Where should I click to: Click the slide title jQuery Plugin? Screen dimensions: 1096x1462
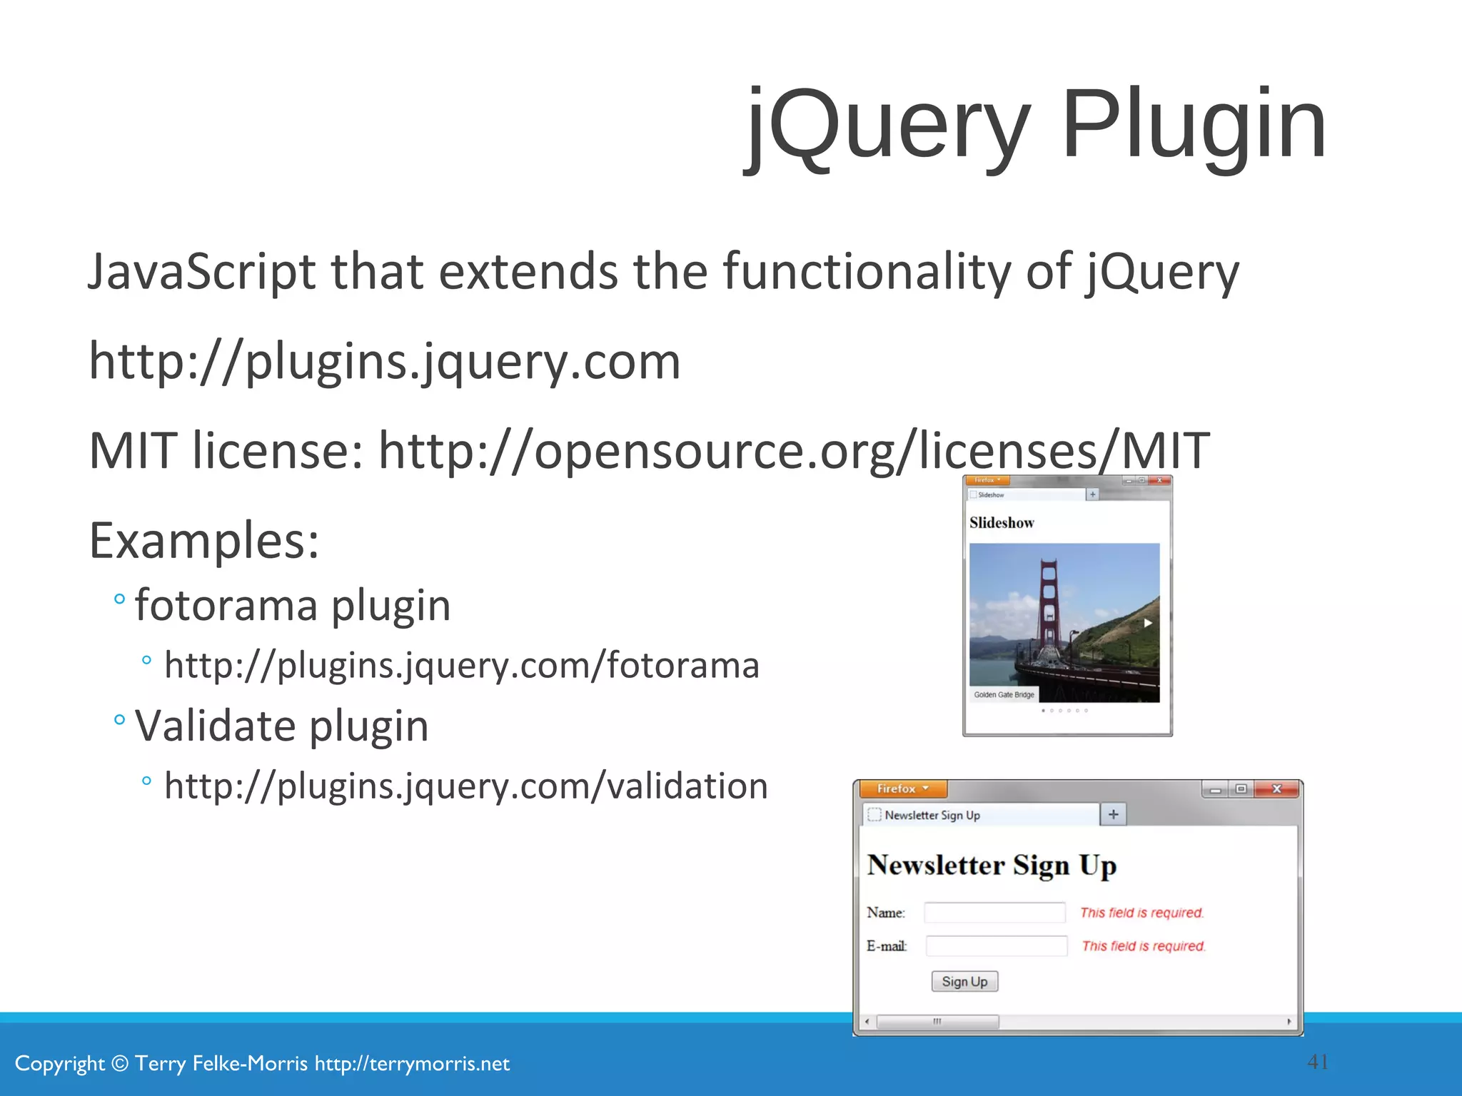[x=1035, y=125]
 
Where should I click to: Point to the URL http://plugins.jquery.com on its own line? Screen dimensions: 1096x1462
[x=384, y=362]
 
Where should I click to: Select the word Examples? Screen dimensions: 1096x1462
[x=204, y=541]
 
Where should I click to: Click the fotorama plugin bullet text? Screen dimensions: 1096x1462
[x=293, y=606]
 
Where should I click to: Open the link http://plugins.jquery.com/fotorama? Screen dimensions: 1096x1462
[x=461, y=666]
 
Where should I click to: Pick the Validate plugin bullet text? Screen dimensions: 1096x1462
[x=281, y=726]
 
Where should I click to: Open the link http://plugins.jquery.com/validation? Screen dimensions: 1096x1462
[x=465, y=786]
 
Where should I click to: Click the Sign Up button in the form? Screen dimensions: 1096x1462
[x=964, y=982]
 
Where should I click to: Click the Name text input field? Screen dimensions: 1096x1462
[x=994, y=913]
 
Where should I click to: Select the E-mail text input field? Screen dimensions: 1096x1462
[x=996, y=946]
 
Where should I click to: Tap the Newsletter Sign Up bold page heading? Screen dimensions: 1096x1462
[x=992, y=866]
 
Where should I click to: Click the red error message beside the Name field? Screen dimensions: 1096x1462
[x=1141, y=913]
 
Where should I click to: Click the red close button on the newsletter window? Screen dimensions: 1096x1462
[x=1277, y=788]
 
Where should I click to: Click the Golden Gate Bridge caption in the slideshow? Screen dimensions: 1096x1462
[x=1004, y=695]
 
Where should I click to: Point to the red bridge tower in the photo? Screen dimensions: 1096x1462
[x=1049, y=607]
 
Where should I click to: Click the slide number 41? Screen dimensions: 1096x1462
[x=1318, y=1062]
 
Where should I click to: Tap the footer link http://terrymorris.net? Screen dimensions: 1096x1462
[x=412, y=1064]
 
